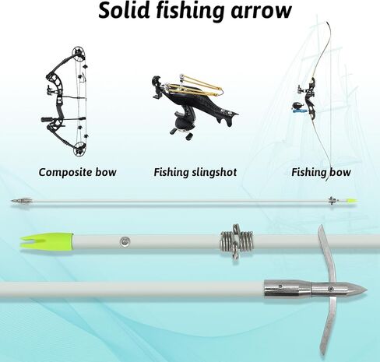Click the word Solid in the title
tap(124, 10)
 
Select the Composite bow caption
tap(77, 173)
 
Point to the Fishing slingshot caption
tap(195, 173)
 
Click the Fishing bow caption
tap(321, 173)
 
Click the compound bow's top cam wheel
tap(79, 53)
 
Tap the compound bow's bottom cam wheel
tap(79, 149)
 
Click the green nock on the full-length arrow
tap(351, 201)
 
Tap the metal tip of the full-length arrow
tap(22, 201)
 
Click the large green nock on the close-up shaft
tap(47, 241)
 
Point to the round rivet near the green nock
tap(125, 242)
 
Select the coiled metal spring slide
tap(236, 243)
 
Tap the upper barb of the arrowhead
tap(326, 255)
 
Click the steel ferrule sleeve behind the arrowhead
tap(287, 289)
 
